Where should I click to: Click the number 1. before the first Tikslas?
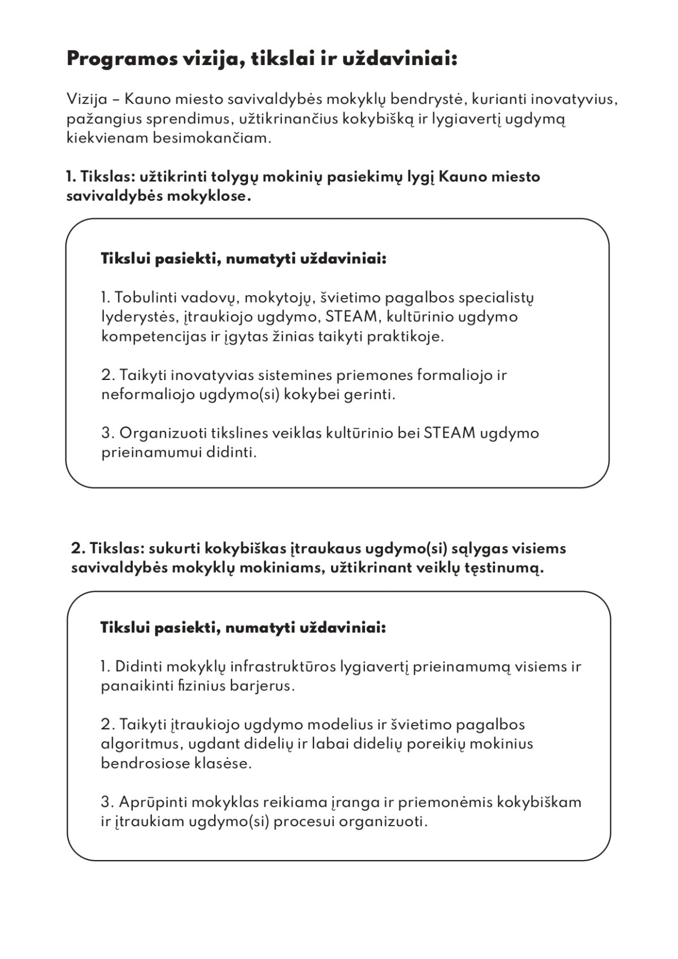click(x=71, y=177)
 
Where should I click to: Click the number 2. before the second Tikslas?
click(x=77, y=548)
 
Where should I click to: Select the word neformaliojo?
click(x=147, y=395)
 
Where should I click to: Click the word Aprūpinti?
click(x=151, y=802)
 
